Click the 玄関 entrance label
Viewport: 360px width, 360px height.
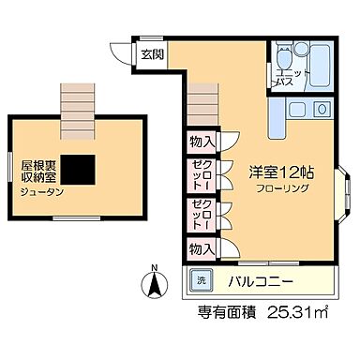[153, 54]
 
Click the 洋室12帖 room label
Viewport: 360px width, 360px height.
[281, 172]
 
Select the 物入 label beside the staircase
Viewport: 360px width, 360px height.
[201, 142]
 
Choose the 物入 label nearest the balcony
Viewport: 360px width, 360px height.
[201, 248]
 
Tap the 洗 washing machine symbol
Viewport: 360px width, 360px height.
[200, 281]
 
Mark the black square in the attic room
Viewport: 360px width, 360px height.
[79, 167]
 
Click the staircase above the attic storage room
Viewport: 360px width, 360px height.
[77, 99]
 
